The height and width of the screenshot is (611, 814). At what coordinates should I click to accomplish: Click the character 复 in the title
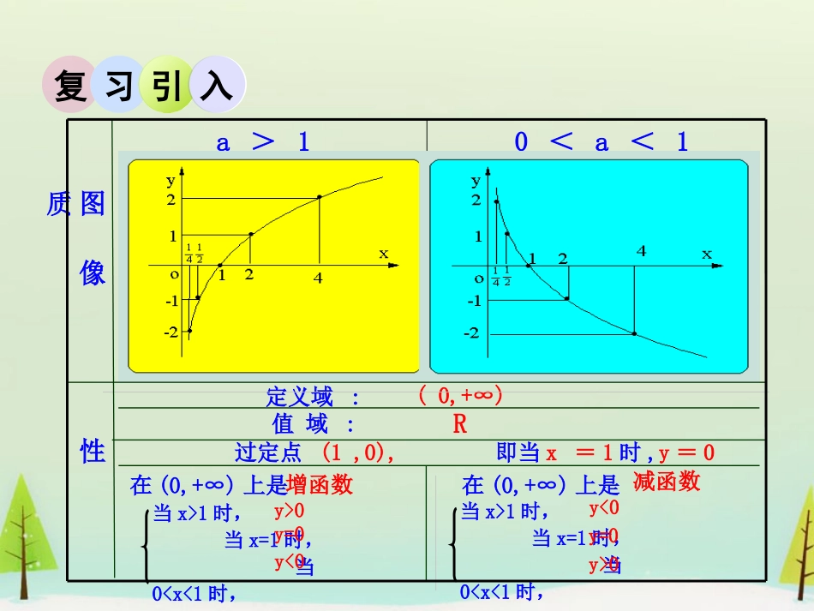click(71, 86)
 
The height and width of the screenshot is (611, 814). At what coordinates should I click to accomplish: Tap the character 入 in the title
click(217, 86)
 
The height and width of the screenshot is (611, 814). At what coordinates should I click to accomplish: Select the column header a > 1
click(263, 142)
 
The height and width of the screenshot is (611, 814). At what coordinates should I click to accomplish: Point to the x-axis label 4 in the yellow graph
click(318, 278)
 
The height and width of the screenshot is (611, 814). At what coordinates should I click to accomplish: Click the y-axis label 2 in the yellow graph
click(172, 199)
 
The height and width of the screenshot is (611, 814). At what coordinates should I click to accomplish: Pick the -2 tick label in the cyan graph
click(472, 332)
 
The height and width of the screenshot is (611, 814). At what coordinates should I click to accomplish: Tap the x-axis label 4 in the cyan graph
click(641, 251)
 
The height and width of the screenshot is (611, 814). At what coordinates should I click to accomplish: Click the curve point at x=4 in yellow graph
click(320, 197)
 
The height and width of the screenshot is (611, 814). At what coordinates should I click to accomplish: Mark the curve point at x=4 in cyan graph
click(634, 333)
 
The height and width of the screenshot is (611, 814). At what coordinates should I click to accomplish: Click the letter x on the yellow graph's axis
click(383, 253)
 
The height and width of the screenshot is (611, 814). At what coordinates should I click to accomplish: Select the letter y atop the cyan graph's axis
click(476, 181)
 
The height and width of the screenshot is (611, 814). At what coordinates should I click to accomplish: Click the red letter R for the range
click(460, 424)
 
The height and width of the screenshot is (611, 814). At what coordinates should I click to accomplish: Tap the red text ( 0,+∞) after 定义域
click(461, 396)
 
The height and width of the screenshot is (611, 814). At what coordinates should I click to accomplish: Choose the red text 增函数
click(320, 485)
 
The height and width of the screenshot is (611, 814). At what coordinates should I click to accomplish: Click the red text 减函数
click(667, 482)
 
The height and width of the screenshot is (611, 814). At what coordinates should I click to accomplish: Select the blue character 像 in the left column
click(92, 273)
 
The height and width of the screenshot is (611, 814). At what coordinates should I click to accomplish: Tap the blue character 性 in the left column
click(92, 451)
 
